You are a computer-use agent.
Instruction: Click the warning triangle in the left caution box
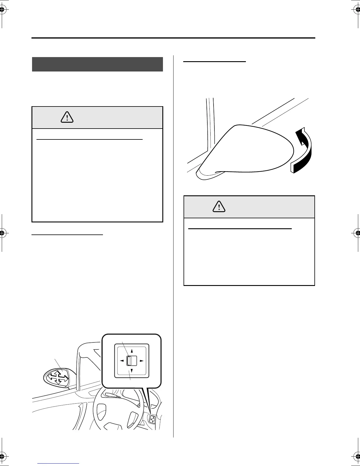pyautogui.click(x=67, y=117)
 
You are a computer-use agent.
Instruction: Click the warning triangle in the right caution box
pyautogui.click(x=219, y=207)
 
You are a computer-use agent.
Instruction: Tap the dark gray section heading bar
pyautogui.click(x=97, y=64)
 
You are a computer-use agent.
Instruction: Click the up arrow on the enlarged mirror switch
pyautogui.click(x=132, y=351)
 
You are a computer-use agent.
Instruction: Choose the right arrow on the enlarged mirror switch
pyautogui.click(x=141, y=361)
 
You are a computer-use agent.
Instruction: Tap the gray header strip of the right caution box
pyautogui.click(x=249, y=207)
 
